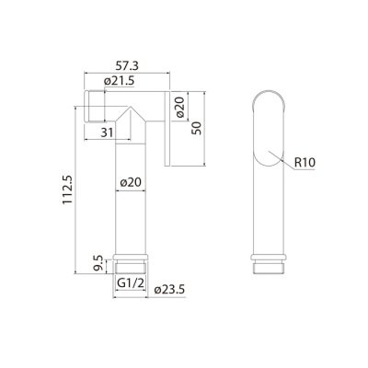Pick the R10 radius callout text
(307, 163)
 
